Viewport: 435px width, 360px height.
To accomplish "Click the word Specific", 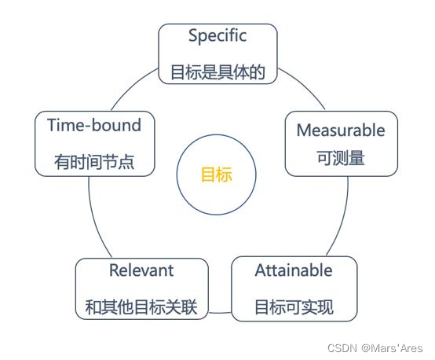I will (x=217, y=36).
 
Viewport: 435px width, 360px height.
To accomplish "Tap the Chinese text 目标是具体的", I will (x=217, y=73).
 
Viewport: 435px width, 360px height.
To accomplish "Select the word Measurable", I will (x=341, y=130).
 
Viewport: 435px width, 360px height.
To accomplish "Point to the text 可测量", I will (x=341, y=158).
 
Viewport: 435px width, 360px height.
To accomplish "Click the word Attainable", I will (x=294, y=270).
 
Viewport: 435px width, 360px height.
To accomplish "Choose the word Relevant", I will (x=141, y=270).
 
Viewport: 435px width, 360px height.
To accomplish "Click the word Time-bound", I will (x=94, y=125).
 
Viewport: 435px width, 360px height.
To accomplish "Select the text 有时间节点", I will (x=94, y=163).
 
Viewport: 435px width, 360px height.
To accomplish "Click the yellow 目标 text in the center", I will (x=217, y=174).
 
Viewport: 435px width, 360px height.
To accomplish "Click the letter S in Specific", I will (x=193, y=36).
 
